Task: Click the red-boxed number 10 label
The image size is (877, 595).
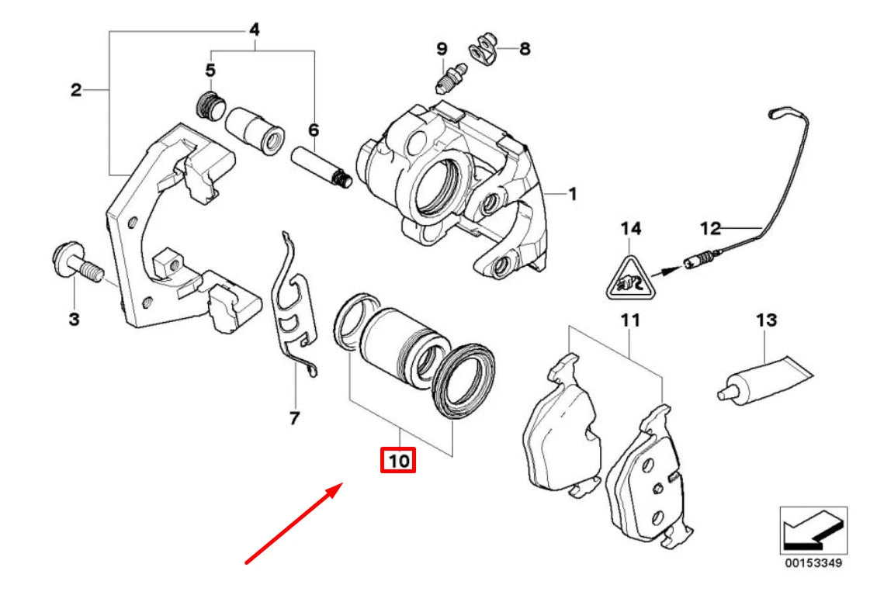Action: click(x=397, y=461)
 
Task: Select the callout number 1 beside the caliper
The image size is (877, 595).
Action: click(x=572, y=194)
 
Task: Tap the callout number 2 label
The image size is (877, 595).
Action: click(x=75, y=91)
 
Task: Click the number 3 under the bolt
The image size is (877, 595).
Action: click(x=74, y=319)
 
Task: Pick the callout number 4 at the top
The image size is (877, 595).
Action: click(x=254, y=30)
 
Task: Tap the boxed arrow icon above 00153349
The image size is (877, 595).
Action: click(x=813, y=531)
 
